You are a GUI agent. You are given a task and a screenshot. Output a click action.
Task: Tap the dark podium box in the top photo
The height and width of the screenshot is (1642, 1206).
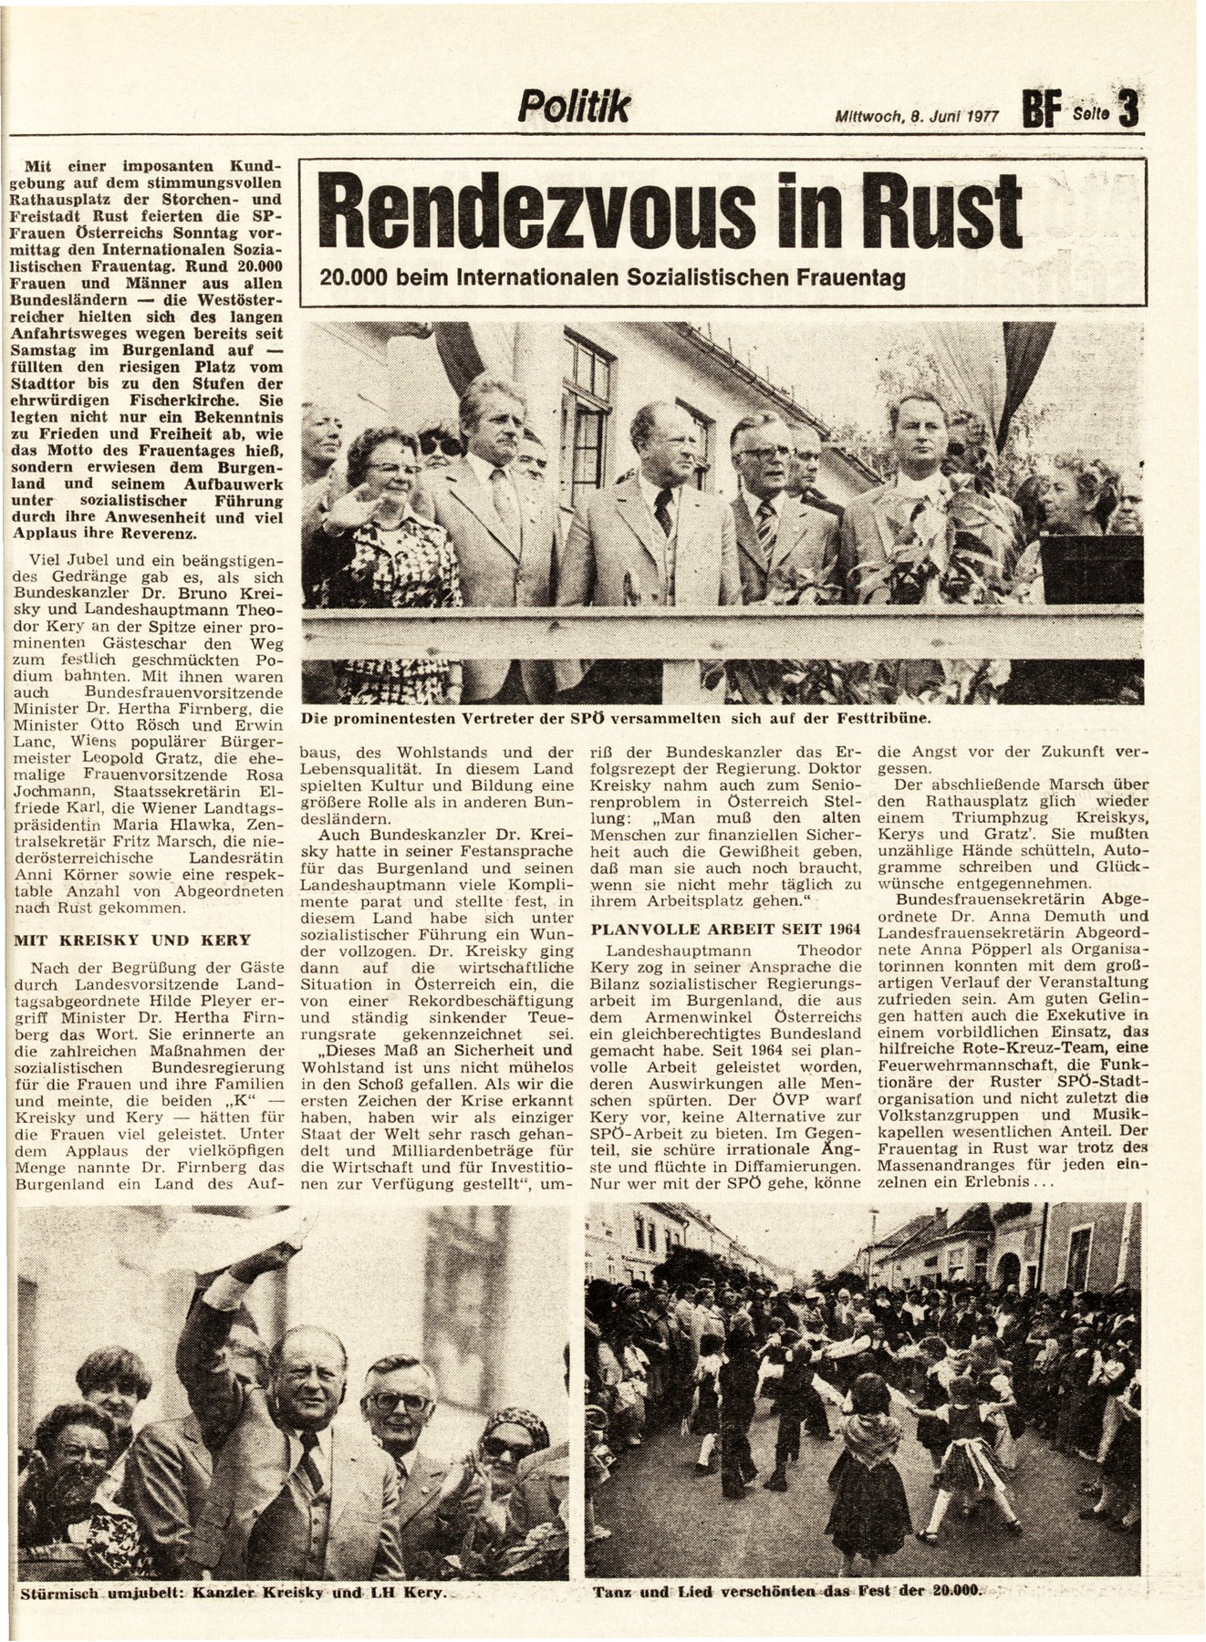point(1091,570)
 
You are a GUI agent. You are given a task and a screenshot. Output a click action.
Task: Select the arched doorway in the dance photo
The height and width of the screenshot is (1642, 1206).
point(1009,1269)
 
